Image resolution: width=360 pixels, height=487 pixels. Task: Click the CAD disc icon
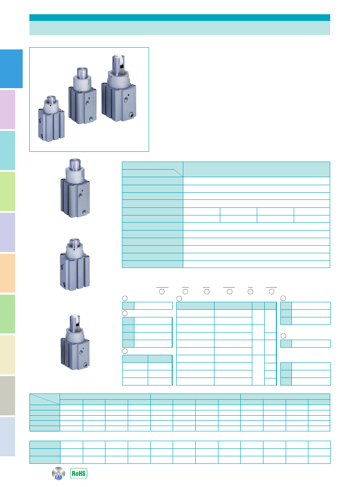(x=58, y=473)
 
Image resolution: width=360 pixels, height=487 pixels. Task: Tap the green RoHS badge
(x=78, y=473)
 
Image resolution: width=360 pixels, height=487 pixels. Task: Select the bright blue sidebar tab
(x=11, y=69)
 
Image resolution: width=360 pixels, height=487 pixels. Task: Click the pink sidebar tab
(x=8, y=110)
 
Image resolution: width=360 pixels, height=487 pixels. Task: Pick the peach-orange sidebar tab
(x=8, y=273)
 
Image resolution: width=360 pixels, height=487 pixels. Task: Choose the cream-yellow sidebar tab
(x=8, y=355)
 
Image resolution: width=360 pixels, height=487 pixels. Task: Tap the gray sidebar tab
(x=8, y=396)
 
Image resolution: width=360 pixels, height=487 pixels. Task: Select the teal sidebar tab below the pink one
(x=8, y=150)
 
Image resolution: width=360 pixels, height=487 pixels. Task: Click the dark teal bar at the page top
(x=180, y=17)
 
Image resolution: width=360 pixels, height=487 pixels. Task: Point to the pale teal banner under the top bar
(x=180, y=28)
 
